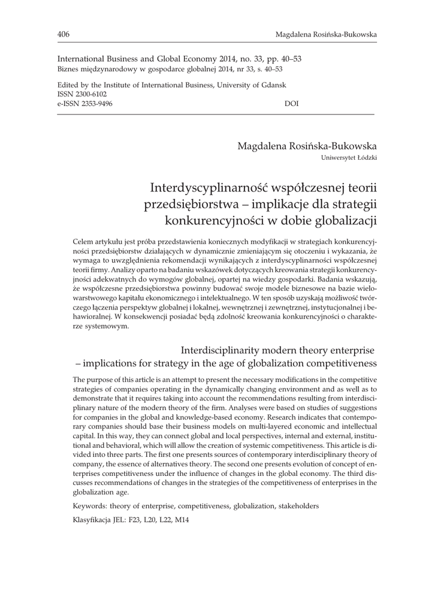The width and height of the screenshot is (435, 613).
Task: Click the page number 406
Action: click(64, 34)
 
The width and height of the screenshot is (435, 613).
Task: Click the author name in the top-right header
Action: click(326, 35)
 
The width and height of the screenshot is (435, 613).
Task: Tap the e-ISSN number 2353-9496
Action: click(92, 104)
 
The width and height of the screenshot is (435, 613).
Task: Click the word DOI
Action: click(291, 104)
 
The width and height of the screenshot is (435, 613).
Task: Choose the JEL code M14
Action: click(180, 520)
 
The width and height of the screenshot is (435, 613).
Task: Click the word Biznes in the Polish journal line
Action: click(67, 69)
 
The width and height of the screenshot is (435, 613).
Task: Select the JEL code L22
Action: click(165, 520)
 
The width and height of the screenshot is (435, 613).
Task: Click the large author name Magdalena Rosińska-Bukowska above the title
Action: click(307, 146)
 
